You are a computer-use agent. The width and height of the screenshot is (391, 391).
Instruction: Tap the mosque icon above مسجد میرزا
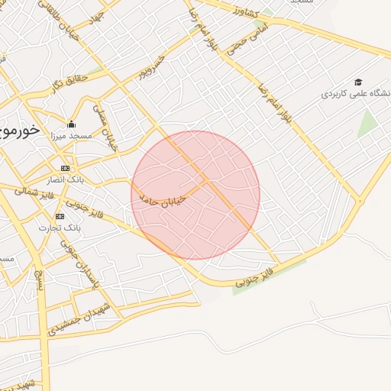[x=72, y=124]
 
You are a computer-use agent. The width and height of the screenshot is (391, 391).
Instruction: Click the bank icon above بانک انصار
[x=65, y=168]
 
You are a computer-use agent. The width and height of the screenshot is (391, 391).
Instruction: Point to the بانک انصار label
[x=66, y=179]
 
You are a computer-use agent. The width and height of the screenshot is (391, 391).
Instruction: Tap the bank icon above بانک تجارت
[x=64, y=217]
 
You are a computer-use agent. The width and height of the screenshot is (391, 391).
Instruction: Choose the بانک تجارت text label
[x=62, y=228]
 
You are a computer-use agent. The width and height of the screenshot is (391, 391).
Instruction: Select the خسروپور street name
[x=151, y=69]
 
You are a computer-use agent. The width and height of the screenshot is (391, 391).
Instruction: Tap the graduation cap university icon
[x=357, y=82]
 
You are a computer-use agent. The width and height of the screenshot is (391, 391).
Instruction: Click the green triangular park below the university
[x=369, y=122]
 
